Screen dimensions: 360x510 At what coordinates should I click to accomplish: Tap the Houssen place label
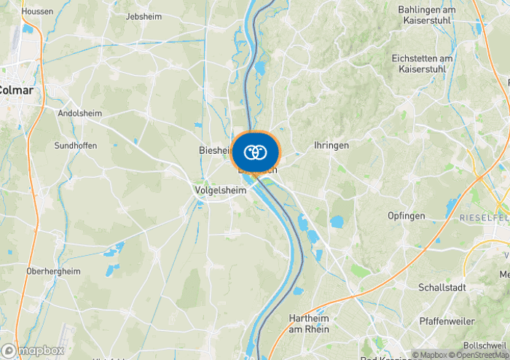(38, 12)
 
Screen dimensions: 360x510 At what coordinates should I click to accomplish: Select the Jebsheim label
(143, 16)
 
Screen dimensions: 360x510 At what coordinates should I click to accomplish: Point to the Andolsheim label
(79, 114)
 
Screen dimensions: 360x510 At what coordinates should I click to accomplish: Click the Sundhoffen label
(76, 146)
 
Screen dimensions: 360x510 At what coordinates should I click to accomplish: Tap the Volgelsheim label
(221, 190)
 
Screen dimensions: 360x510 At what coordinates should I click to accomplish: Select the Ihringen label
(331, 146)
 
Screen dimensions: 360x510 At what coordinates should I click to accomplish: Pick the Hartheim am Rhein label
(310, 324)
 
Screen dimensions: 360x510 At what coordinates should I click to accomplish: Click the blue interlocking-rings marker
(255, 152)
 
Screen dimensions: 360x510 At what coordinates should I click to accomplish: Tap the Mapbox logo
(34, 351)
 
